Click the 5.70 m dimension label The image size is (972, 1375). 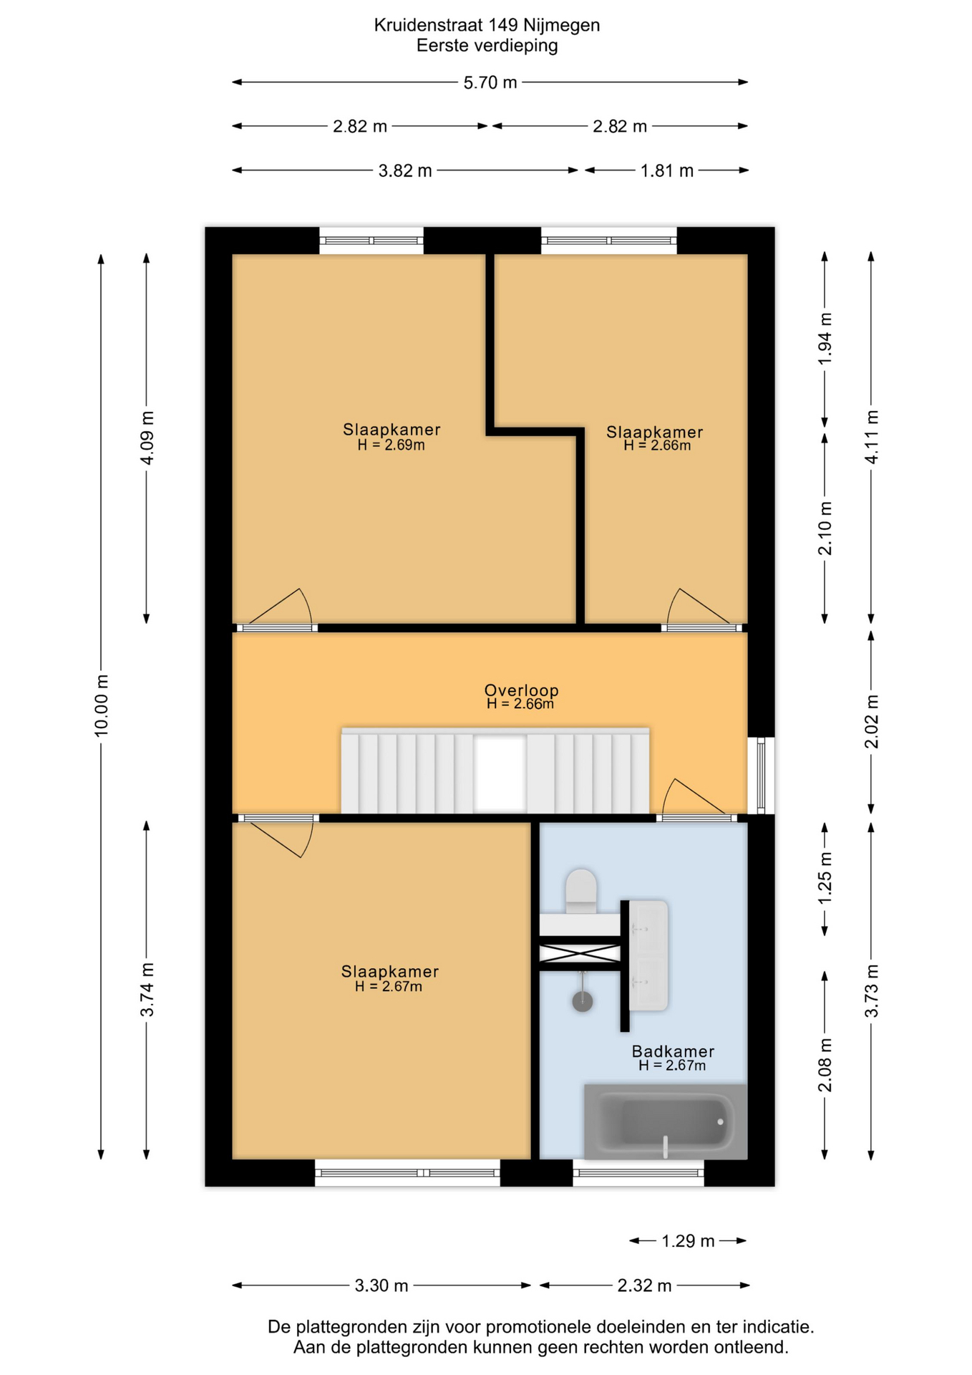(x=490, y=82)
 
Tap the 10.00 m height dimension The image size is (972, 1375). (x=102, y=705)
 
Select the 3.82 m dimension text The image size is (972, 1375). (x=405, y=170)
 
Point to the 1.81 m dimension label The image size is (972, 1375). (x=666, y=170)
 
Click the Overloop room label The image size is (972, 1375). (x=521, y=690)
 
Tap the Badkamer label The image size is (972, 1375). (x=673, y=1051)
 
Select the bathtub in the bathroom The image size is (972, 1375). (x=666, y=1121)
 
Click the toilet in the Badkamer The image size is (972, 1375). (x=581, y=891)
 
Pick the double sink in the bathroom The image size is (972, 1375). (x=648, y=955)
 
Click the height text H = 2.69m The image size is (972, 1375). (x=391, y=445)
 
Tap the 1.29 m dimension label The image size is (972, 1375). (x=688, y=1241)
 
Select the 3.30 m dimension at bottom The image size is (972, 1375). (x=381, y=1285)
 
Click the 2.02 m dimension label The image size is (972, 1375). (x=871, y=721)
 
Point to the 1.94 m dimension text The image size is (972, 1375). (x=825, y=339)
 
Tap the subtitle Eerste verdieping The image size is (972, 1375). (x=487, y=46)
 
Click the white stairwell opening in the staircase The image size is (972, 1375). (x=500, y=774)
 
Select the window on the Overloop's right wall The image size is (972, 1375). (x=761, y=776)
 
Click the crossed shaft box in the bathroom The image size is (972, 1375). (x=580, y=953)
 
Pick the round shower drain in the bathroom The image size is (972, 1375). (x=583, y=1000)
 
